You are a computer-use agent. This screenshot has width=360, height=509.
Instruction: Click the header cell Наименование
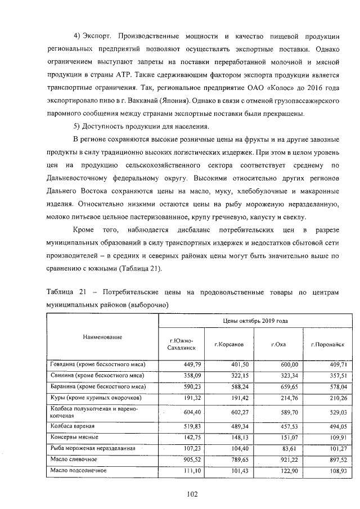[102, 336]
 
